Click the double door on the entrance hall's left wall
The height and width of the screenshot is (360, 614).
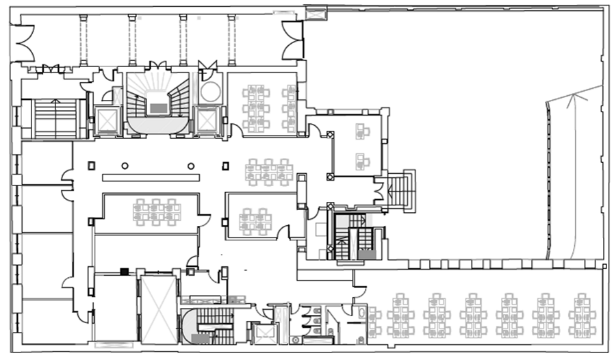click(24, 40)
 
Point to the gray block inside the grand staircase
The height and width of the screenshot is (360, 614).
click(157, 108)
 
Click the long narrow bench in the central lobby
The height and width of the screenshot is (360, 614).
click(151, 177)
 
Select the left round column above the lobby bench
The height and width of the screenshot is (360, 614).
click(125, 166)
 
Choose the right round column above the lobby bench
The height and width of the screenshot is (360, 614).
click(191, 166)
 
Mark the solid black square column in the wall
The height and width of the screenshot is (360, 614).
click(124, 272)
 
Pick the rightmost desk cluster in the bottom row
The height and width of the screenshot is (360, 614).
click(582, 316)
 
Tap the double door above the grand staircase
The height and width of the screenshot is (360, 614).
click(158, 66)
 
